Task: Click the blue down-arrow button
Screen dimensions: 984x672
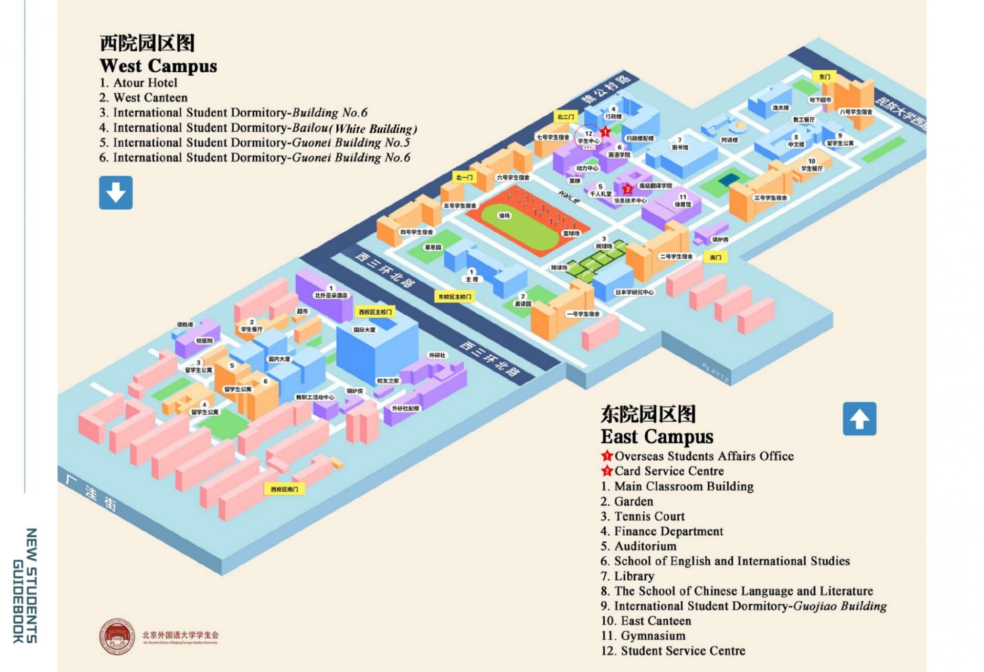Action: [116, 193]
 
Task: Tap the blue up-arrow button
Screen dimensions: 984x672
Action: [859, 419]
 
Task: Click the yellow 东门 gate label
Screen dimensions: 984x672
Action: [824, 77]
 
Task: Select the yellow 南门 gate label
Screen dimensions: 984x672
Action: [715, 257]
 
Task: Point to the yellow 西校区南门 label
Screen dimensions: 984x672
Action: [284, 490]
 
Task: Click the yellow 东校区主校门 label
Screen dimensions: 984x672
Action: [454, 297]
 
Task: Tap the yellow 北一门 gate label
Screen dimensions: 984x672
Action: [464, 177]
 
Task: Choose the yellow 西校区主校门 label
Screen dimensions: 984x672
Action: [375, 312]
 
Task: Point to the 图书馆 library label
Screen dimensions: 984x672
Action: [680, 147]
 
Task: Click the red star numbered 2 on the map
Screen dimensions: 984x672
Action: [627, 189]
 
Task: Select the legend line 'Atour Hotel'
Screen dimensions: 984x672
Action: [145, 83]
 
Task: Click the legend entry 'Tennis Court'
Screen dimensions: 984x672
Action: [649, 516]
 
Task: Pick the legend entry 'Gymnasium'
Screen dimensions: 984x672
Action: [652, 636]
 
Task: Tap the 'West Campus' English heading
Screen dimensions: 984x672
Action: [158, 66]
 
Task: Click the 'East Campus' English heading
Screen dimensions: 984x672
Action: [657, 437]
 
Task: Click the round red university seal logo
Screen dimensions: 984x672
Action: [117, 636]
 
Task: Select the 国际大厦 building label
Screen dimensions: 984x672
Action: [364, 330]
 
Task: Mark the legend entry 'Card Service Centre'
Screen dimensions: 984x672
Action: [669, 471]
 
